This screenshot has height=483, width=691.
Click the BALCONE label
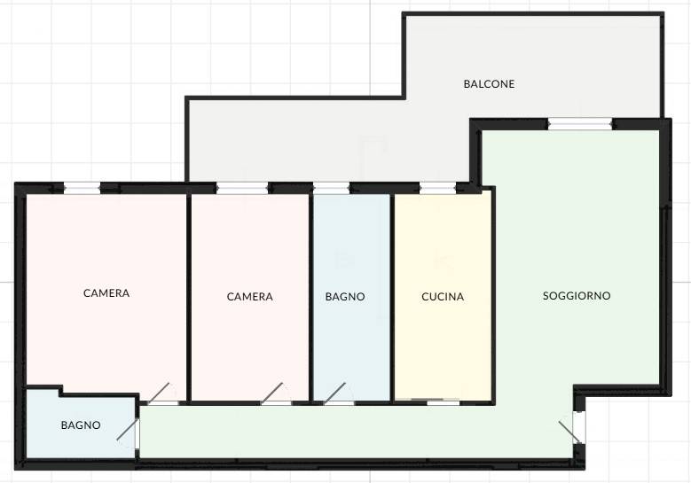coord(489,83)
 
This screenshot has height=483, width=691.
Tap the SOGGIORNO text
coord(577,296)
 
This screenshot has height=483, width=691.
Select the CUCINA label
coord(443,297)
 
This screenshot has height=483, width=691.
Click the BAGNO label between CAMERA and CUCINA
coord(345,297)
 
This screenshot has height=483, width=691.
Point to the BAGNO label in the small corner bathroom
coord(81,425)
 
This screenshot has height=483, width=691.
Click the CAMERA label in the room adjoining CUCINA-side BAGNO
coord(250,297)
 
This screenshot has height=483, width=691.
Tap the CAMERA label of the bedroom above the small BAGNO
coord(106,293)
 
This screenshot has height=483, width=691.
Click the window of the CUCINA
coord(437,189)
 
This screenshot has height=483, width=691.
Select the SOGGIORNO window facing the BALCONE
coord(580,124)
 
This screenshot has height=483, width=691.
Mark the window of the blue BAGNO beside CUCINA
coord(331,189)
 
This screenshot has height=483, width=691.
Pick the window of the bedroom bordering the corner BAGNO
coord(82,189)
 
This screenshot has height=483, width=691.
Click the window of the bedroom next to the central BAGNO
coord(242,189)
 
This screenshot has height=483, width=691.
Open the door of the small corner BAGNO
coord(129,429)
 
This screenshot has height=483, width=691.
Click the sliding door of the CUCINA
coord(428,401)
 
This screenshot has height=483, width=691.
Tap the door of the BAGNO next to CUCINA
coord(335,393)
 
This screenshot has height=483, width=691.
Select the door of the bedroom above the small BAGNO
coord(158,393)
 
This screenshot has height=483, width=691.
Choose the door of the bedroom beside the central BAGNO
coord(272,393)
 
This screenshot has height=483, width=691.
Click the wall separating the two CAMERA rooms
coord(189,298)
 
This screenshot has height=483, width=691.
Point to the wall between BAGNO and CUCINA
coord(392,298)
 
